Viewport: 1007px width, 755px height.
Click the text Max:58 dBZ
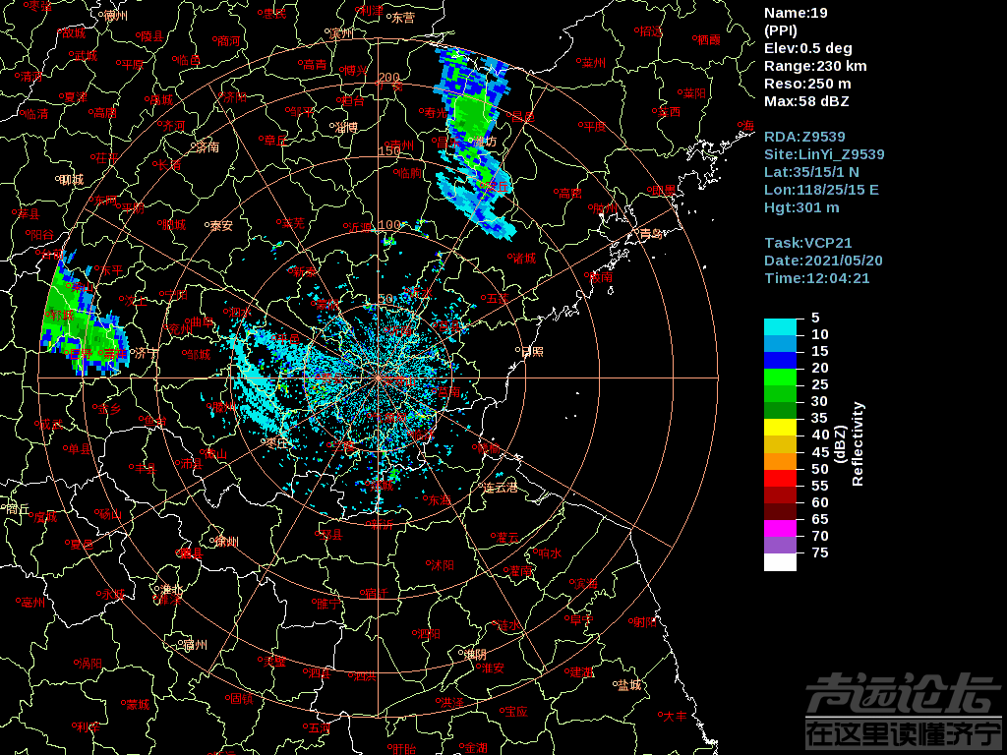point(806,101)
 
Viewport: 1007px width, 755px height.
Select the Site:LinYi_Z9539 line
point(824,154)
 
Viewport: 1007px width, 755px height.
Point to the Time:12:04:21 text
point(816,278)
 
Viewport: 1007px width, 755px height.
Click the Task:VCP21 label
point(807,243)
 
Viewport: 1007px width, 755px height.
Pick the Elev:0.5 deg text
point(807,48)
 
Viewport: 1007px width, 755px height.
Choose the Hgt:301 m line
point(801,207)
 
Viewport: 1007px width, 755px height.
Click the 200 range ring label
point(389,78)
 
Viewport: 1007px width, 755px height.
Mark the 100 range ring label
point(389,225)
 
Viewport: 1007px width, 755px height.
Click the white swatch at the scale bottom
point(780,562)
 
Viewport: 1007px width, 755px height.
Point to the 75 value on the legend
point(819,552)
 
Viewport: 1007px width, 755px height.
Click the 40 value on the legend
point(819,435)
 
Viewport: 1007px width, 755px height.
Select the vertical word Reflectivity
point(858,443)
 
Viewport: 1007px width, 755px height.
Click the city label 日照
point(532,350)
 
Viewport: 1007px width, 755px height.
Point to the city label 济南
point(207,148)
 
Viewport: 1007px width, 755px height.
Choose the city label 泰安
point(220,225)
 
